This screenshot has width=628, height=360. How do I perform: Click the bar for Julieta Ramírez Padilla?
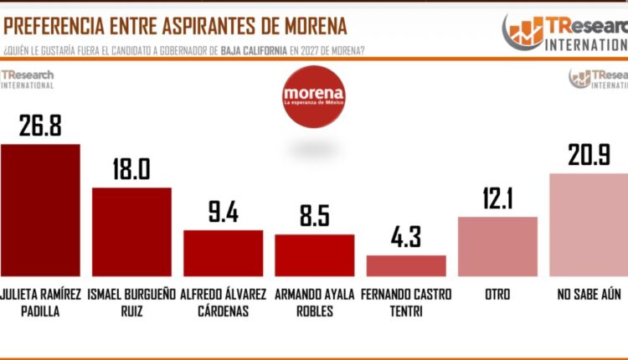click(40, 210)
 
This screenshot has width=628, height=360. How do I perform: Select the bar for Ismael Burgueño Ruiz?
click(131, 232)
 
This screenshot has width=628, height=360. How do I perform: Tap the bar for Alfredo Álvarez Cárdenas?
click(223, 253)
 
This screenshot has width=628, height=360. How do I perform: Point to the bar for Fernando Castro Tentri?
click(406, 265)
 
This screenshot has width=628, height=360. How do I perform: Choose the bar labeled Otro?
click(497, 246)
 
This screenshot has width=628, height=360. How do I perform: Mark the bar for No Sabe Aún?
click(589, 224)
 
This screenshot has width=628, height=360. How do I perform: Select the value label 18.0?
click(131, 169)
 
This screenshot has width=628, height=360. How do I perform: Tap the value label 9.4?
click(223, 213)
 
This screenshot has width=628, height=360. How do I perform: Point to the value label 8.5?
click(314, 217)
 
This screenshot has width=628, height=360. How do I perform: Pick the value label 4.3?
click(406, 238)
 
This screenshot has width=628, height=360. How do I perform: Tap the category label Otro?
click(497, 295)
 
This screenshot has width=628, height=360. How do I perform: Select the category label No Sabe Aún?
click(589, 295)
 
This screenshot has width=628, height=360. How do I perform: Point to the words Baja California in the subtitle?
click(250, 49)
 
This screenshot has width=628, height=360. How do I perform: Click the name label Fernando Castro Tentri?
click(406, 301)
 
